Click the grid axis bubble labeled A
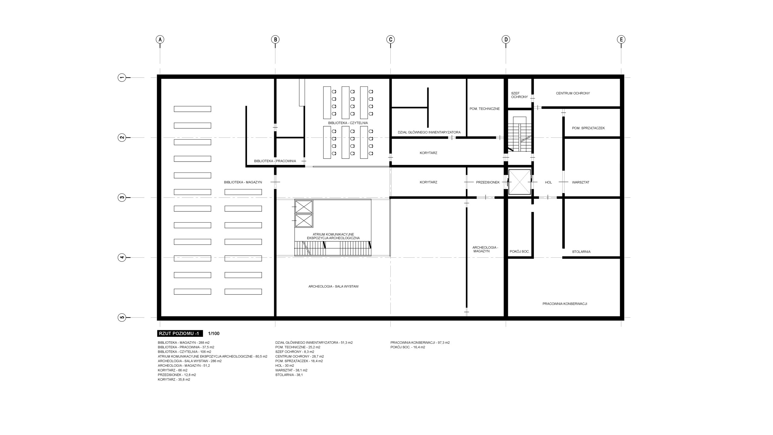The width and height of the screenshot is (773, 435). pyautogui.click(x=160, y=39)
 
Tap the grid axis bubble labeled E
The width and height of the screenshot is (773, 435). pyautogui.click(x=621, y=39)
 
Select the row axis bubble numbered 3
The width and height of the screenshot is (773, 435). pyautogui.click(x=122, y=198)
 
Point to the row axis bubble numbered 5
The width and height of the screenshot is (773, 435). pyautogui.click(x=122, y=317)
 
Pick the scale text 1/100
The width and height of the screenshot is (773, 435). pyautogui.click(x=214, y=333)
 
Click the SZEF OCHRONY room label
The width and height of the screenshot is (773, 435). pyautogui.click(x=519, y=95)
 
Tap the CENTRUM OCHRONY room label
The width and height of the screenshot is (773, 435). pyautogui.click(x=573, y=93)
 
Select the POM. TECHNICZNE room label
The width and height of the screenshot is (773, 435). pyautogui.click(x=484, y=109)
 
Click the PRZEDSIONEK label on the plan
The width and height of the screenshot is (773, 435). pyautogui.click(x=488, y=182)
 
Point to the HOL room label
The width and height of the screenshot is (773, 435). pyautogui.click(x=548, y=182)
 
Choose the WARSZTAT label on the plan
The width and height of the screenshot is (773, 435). pyautogui.click(x=580, y=182)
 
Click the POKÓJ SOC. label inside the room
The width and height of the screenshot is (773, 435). pyautogui.click(x=519, y=251)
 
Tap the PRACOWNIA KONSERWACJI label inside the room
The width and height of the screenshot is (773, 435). pyautogui.click(x=565, y=304)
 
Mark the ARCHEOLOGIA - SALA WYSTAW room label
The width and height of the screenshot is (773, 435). pyautogui.click(x=333, y=286)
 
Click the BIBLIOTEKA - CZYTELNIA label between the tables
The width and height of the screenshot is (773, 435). pyautogui.click(x=348, y=123)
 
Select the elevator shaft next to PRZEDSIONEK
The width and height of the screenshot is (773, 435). pyautogui.click(x=520, y=182)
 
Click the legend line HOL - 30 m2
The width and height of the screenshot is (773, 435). pyautogui.click(x=284, y=366)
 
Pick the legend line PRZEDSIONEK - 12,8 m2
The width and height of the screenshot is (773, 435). pyautogui.click(x=177, y=375)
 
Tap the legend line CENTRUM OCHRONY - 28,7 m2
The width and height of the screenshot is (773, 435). pyautogui.click(x=300, y=356)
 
